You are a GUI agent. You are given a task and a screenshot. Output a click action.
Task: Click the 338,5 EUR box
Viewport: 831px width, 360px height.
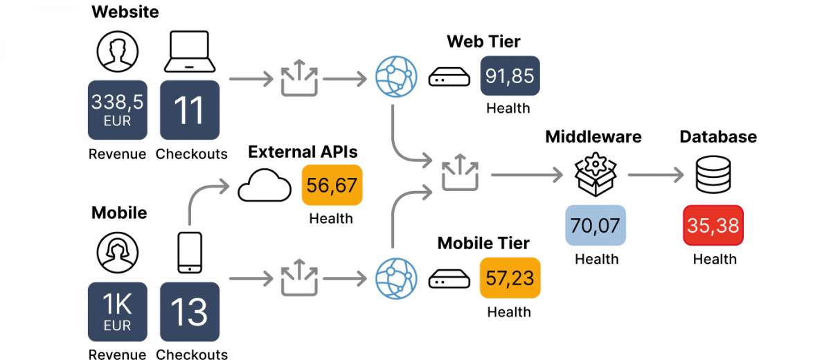[118, 110]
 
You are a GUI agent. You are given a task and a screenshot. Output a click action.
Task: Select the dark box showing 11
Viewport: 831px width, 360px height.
[190, 110]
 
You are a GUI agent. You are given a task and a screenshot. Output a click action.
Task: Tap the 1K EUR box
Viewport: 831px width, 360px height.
[118, 312]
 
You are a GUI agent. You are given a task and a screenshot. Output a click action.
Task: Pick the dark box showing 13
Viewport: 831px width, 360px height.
[190, 312]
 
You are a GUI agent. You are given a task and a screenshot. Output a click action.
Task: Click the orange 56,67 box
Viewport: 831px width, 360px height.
[332, 186]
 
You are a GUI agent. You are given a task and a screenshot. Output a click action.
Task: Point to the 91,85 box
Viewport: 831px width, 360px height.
[510, 75]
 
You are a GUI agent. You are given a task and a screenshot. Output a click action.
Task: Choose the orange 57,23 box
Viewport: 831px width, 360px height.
[510, 278]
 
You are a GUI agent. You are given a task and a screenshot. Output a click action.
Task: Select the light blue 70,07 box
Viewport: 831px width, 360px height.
[596, 225]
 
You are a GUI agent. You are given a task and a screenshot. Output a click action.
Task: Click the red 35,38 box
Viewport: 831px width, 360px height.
[713, 225]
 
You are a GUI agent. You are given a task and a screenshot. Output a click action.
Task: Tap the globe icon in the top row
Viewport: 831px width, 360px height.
[396, 76]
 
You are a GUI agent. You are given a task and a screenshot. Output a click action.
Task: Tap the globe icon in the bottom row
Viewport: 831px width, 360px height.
[396, 278]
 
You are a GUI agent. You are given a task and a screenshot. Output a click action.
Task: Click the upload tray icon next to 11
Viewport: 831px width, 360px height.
[299, 78]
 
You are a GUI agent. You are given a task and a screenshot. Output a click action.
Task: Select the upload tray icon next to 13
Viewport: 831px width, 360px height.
[299, 279]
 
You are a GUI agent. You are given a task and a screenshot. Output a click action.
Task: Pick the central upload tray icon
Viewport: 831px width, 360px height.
[460, 173]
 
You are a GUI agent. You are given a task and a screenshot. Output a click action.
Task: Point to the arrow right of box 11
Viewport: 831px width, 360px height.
[251, 80]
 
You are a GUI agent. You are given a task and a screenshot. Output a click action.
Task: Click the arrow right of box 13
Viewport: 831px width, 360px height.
[251, 279]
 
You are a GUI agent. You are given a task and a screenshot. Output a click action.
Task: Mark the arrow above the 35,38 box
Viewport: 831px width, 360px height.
[655, 175]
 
